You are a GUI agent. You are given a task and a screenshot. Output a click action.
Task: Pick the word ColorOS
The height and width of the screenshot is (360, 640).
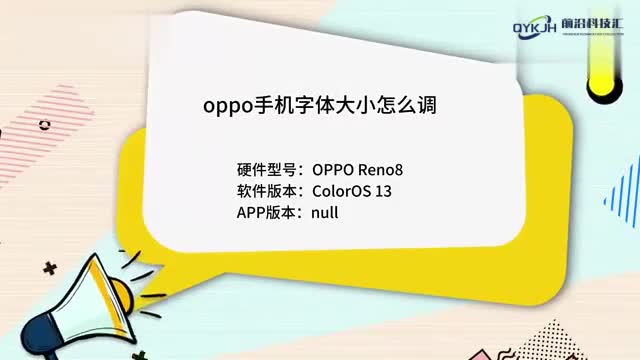343,191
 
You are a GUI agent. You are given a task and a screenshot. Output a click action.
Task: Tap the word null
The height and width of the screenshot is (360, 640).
326,213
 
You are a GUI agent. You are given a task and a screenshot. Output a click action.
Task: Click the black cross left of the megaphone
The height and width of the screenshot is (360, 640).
50,268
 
